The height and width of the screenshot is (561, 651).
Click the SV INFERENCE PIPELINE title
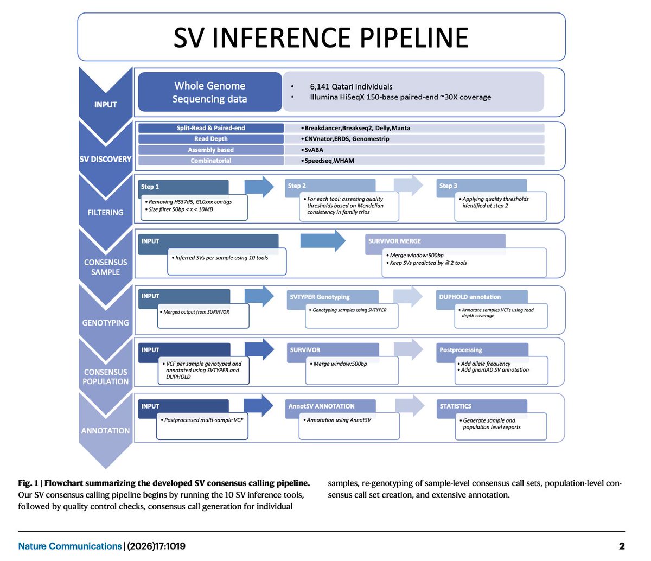click(x=321, y=37)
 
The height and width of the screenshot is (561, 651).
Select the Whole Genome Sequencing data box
click(x=210, y=92)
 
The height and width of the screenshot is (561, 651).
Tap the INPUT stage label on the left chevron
click(x=105, y=104)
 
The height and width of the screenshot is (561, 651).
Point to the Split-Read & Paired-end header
click(x=211, y=128)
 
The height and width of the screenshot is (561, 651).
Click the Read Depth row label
click(x=211, y=139)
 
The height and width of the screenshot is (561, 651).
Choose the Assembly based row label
click(x=211, y=150)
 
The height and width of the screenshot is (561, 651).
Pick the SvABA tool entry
click(x=315, y=150)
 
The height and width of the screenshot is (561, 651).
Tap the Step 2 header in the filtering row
click(x=297, y=186)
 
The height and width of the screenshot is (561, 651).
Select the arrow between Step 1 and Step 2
click(x=259, y=187)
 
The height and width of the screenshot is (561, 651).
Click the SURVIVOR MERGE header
click(x=394, y=241)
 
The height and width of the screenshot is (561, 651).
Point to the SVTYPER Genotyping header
click(x=320, y=297)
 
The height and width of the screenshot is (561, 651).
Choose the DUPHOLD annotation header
click(x=470, y=297)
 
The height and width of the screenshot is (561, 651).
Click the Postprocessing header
click(x=461, y=350)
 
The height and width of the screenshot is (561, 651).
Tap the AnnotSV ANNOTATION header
click(x=321, y=406)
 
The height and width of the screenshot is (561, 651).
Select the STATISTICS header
click(x=455, y=406)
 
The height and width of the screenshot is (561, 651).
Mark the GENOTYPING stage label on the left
click(x=105, y=322)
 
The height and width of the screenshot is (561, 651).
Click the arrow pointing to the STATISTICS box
click(x=410, y=406)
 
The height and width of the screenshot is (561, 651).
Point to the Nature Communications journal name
click(x=70, y=546)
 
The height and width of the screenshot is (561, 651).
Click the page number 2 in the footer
click(x=622, y=546)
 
